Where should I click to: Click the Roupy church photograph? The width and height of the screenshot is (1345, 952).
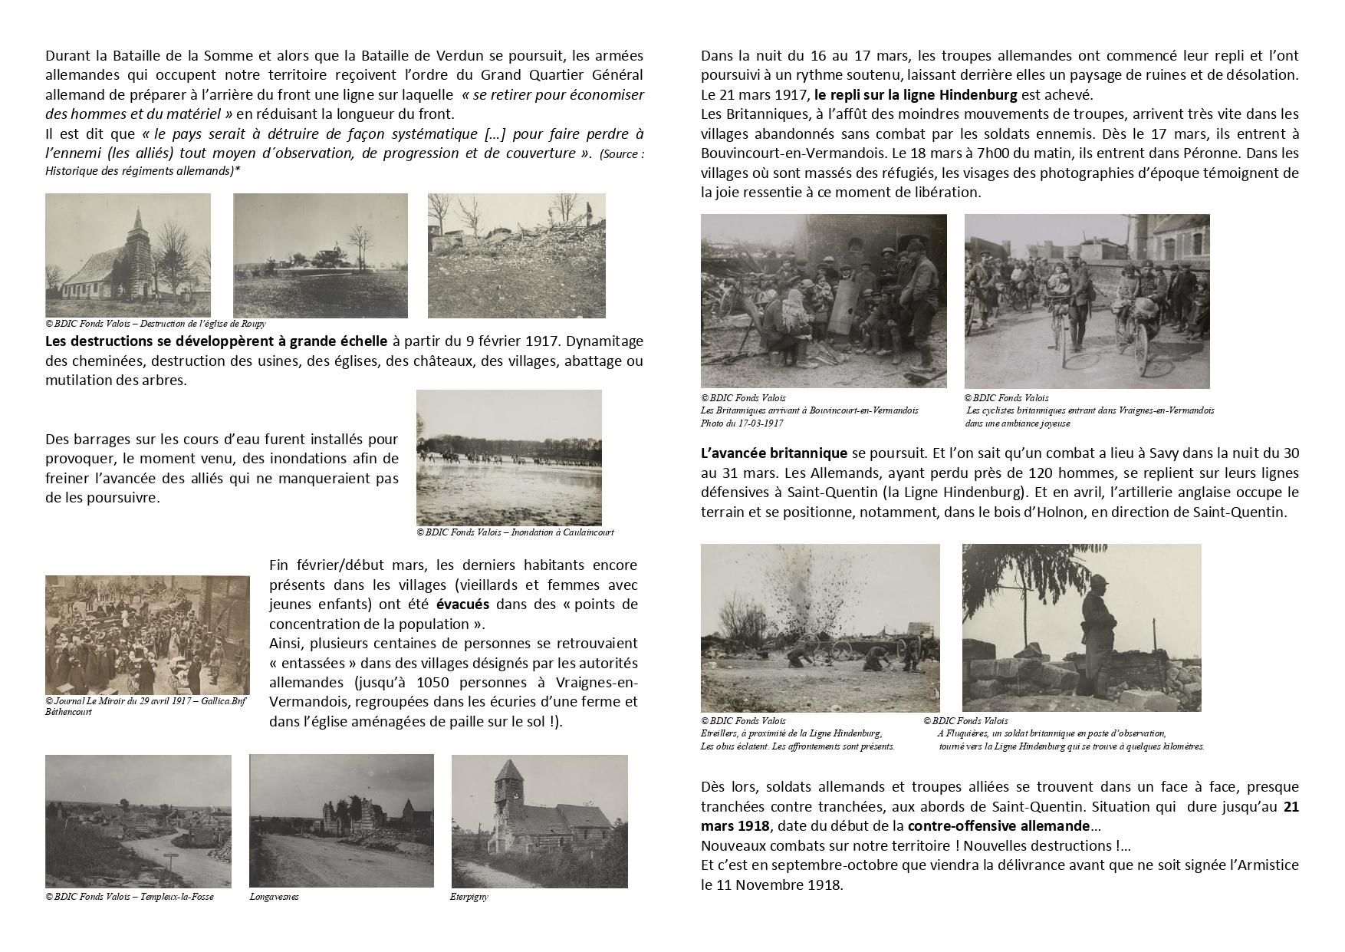click(127, 255)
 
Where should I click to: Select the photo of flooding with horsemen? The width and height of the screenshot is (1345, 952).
click(508, 457)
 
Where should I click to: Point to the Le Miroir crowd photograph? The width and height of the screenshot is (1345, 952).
click(147, 634)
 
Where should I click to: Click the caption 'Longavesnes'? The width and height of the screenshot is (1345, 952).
click(274, 897)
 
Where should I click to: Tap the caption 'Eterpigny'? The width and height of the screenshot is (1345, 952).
click(469, 897)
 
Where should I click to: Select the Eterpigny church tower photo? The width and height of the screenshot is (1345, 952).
click(539, 821)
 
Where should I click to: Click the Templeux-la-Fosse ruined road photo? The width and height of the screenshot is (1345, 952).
click(138, 821)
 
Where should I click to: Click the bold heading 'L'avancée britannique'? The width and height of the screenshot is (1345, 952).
click(774, 453)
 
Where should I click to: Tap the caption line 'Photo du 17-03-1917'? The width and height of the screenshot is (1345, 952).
click(742, 423)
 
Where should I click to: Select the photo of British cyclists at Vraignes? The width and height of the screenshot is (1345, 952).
click(1087, 301)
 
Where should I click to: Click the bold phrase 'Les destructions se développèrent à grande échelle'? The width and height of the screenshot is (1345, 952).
click(216, 341)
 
